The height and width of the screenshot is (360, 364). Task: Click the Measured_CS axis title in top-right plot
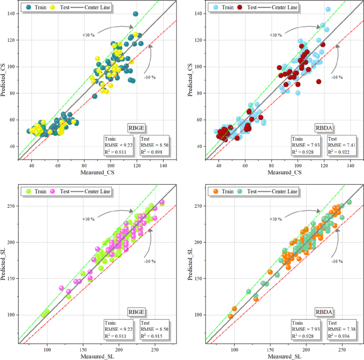284,173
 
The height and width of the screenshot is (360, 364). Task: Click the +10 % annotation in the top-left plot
88,35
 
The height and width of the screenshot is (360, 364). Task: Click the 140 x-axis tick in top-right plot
351,165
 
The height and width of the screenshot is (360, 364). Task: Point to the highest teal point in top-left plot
136,14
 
